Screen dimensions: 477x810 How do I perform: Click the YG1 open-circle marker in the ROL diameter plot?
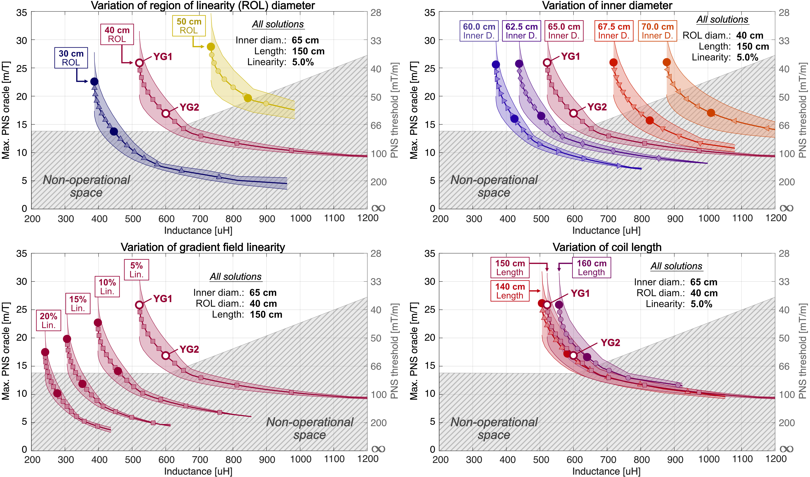[139, 63]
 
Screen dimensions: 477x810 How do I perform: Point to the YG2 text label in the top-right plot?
[597, 107]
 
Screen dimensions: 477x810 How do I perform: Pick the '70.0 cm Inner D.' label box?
[657, 31]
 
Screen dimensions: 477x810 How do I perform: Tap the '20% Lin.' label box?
[49, 320]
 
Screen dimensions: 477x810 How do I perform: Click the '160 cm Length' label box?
[591, 268]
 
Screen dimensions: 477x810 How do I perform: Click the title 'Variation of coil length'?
[607, 247]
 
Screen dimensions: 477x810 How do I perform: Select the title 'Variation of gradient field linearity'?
[203, 247]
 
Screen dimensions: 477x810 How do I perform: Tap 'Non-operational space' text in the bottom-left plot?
[309, 428]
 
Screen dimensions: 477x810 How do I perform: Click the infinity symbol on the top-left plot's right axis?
[378, 208]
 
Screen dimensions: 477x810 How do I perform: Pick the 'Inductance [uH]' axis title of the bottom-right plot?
[606, 471]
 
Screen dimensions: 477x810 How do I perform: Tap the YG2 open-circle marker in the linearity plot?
[166, 356]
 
